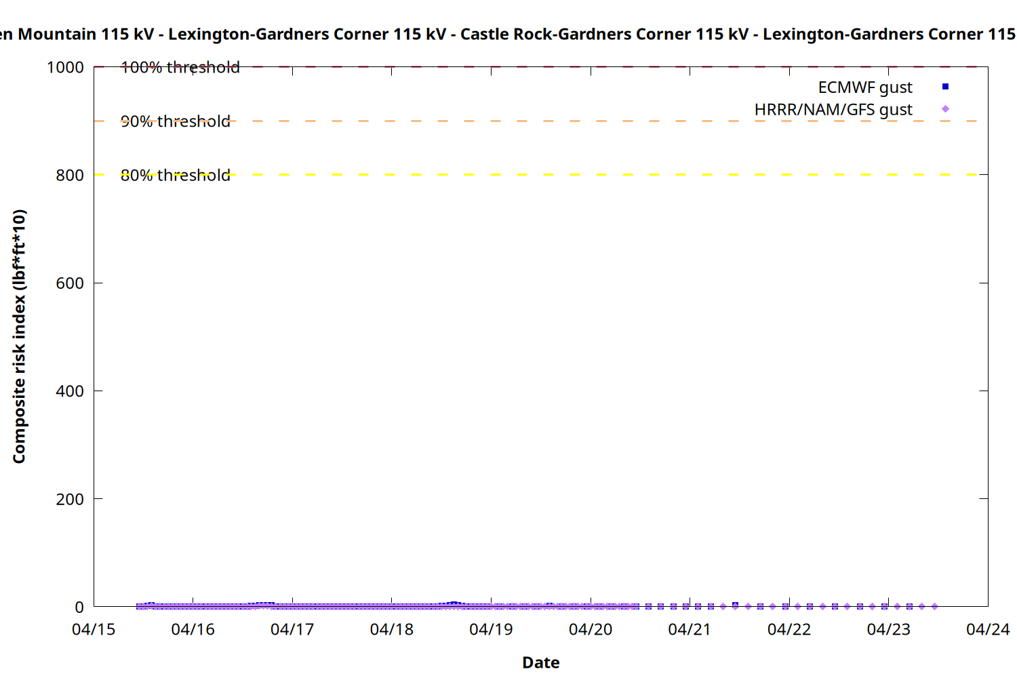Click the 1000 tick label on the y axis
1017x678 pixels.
click(x=65, y=67)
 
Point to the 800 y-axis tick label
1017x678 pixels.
click(x=70, y=175)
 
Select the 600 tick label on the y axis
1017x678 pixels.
click(x=70, y=283)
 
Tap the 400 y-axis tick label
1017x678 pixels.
click(x=70, y=391)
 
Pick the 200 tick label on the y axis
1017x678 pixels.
click(x=70, y=499)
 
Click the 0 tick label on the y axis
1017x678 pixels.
click(x=79, y=607)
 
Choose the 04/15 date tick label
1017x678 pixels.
click(x=94, y=629)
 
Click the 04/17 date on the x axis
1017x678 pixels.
click(x=292, y=629)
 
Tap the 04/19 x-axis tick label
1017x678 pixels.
click(x=491, y=629)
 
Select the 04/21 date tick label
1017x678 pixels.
click(x=690, y=629)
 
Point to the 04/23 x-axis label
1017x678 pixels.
click(x=888, y=629)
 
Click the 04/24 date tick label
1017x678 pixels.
click(x=988, y=629)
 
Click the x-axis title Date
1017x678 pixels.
click(x=540, y=662)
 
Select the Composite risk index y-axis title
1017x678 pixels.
click(x=19, y=336)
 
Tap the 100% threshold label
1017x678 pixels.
click(x=180, y=67)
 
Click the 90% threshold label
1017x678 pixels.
click(x=175, y=121)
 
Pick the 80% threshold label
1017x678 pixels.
click(x=175, y=175)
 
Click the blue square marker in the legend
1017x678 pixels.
click(x=945, y=87)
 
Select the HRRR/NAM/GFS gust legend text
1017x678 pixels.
click(x=833, y=109)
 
